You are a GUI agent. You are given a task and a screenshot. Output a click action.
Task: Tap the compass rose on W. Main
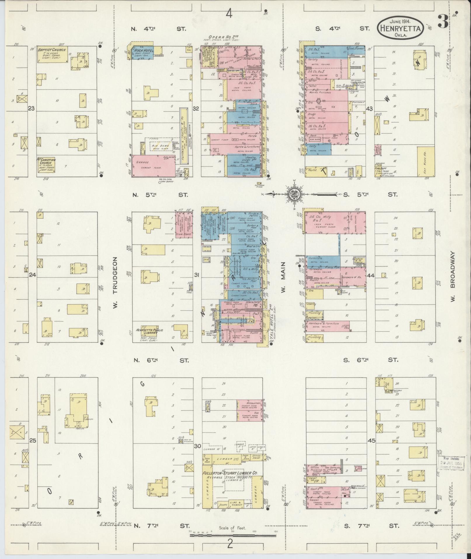293,194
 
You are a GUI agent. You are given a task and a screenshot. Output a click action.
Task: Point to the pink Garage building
154,166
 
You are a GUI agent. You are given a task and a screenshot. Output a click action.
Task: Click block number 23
32,108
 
